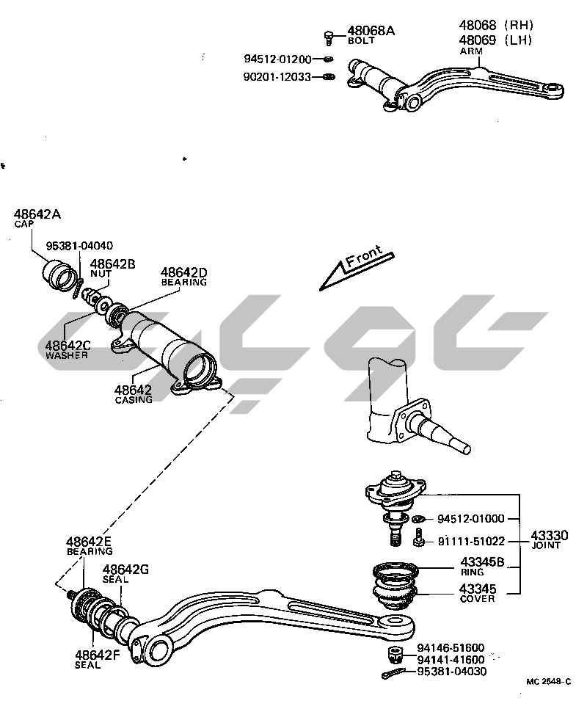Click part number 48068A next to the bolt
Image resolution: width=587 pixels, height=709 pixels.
click(371, 30)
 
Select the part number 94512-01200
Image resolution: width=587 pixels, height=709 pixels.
click(277, 59)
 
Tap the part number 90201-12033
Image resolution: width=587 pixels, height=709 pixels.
click(277, 76)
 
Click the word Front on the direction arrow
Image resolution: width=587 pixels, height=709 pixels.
click(364, 259)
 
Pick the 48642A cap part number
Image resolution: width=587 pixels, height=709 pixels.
click(37, 214)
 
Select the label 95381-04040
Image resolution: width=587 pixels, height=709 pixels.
click(80, 245)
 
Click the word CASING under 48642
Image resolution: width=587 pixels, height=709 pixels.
click(134, 400)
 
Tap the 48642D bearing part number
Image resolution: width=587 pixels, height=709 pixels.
click(184, 272)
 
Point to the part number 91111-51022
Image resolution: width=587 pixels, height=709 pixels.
click(471, 542)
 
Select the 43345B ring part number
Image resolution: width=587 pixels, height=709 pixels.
click(481, 563)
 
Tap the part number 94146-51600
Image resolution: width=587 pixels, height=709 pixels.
click(450, 647)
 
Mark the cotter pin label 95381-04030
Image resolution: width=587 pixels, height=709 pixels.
click(451, 672)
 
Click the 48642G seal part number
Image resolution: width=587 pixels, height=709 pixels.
click(125, 569)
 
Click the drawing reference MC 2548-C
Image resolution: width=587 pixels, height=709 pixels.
click(549, 681)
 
